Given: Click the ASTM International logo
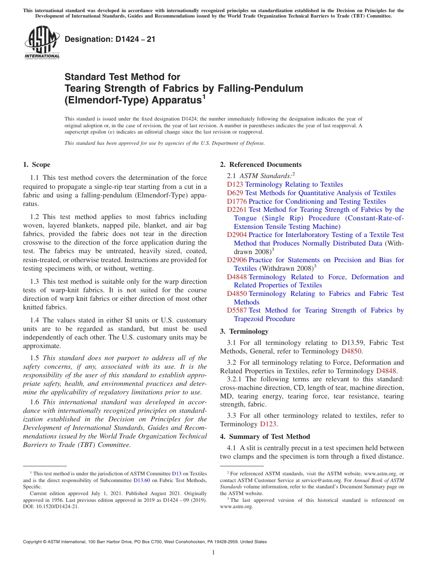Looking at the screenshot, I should pos(42,42).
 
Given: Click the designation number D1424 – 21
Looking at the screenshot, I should pos(110,40).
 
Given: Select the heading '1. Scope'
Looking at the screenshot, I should pos(36,165).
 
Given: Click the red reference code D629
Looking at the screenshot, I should pos(235,193).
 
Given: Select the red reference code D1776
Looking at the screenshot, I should pos(236,201).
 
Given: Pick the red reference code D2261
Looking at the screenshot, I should pos(236,210).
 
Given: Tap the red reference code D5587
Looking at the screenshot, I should pos(236,310).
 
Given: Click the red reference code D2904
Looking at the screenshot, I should pos(236,235).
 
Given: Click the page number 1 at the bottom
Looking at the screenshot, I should pos(213,552).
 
